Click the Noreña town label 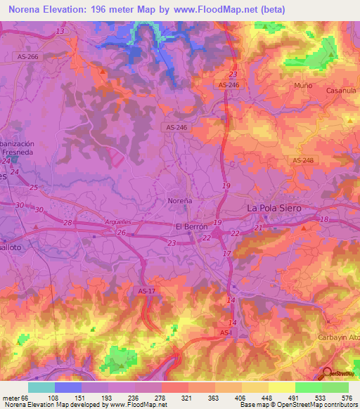click(x=180, y=200)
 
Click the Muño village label click(x=304, y=85)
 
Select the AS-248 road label click(x=303, y=160)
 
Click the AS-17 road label click(x=146, y=290)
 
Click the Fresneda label click(x=20, y=151)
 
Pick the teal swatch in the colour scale click(x=41, y=387)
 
